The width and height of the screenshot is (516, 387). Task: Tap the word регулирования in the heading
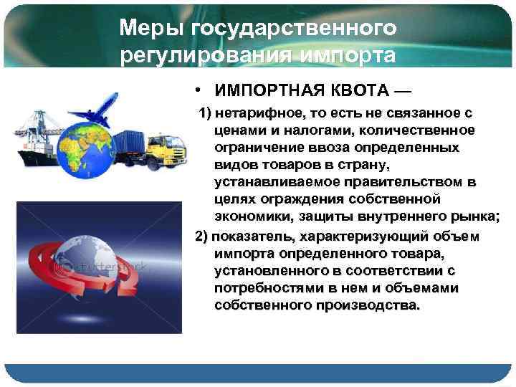194,55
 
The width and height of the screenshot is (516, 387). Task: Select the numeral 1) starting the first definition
205,114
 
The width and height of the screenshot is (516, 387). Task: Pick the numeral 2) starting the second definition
202,237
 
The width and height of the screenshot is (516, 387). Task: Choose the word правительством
403,182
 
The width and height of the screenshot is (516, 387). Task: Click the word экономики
250,216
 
